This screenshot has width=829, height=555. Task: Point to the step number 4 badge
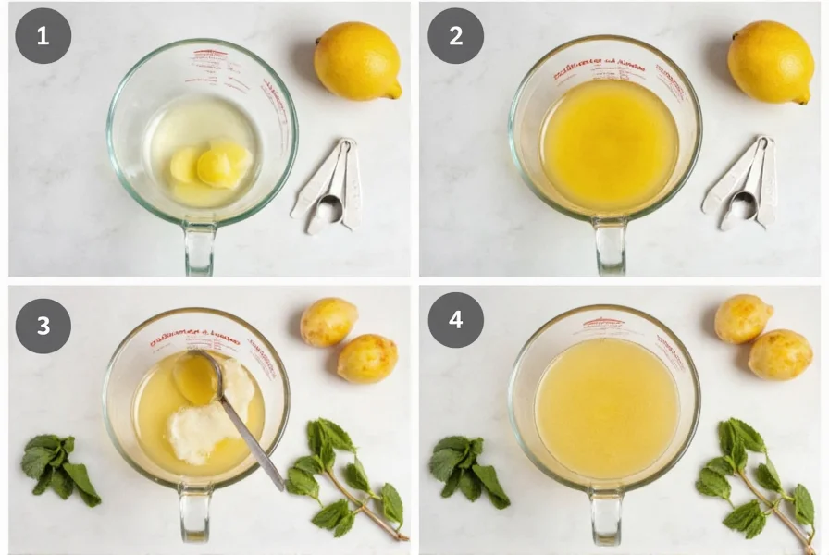(455, 320)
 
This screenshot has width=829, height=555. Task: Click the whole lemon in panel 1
(357, 60)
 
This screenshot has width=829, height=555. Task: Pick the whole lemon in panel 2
(771, 60)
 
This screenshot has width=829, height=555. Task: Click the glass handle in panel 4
(606, 518)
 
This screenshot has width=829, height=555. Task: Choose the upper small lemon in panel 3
(328, 322)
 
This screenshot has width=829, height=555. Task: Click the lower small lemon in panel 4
(779, 354)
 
